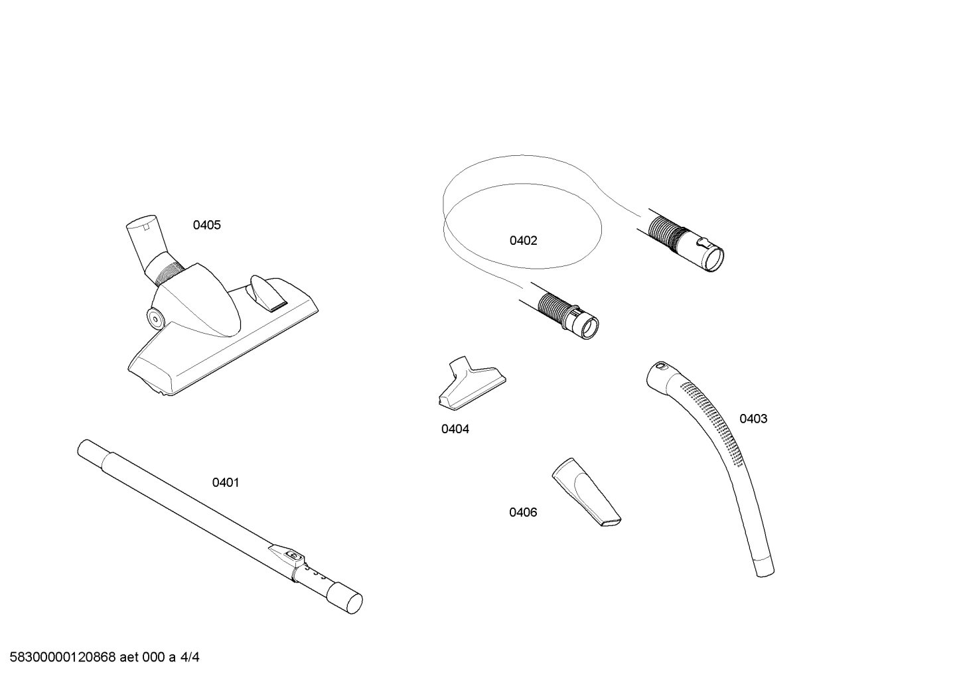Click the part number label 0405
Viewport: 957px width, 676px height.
206,225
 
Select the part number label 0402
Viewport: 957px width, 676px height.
523,240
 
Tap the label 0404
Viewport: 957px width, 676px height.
455,429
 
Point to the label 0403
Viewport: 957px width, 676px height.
753,419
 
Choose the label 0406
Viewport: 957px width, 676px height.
523,512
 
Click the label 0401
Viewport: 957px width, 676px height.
225,482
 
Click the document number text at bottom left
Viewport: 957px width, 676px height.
100,657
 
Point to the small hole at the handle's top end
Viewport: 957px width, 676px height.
660,366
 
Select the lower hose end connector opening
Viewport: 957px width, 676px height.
588,326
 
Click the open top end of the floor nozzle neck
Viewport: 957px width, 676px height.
143,222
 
